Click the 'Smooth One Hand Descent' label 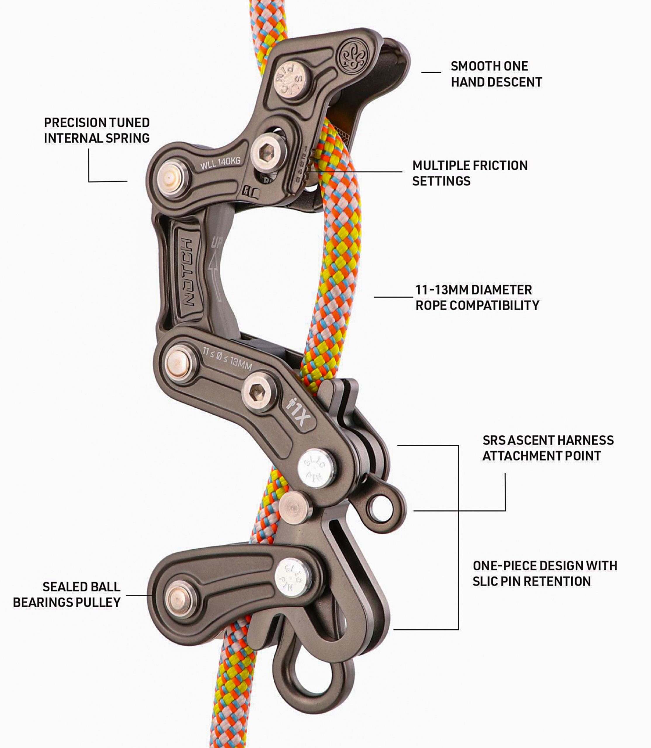(x=496, y=74)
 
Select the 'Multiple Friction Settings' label (x=470, y=173)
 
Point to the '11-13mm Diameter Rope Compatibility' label (x=477, y=298)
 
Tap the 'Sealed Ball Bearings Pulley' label (x=67, y=595)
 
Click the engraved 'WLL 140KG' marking (x=221, y=162)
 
